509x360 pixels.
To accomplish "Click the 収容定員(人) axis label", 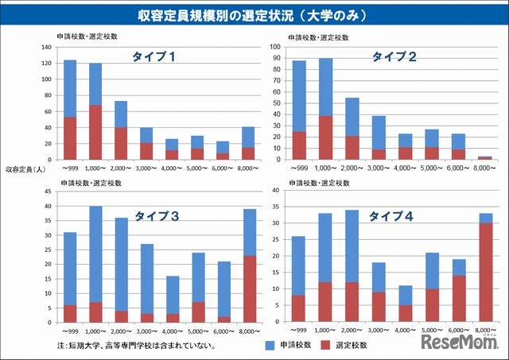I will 27,169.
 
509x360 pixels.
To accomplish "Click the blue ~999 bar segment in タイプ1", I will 70,88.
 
